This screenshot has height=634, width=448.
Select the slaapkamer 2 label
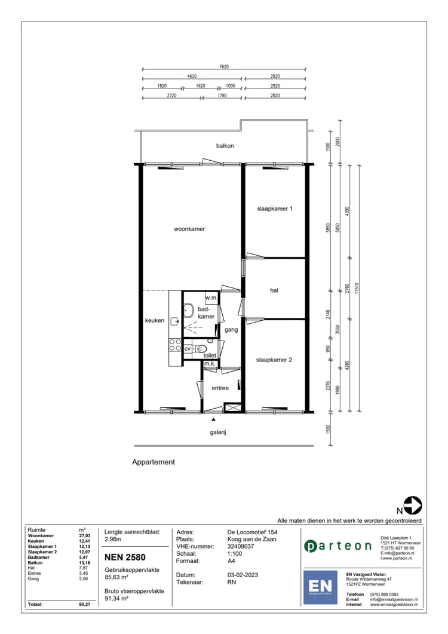pyautogui.click(x=274, y=360)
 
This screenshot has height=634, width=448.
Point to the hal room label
pyautogui.click(x=274, y=290)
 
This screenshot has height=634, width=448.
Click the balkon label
pyautogui.click(x=225, y=146)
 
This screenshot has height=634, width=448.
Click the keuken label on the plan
pyautogui.click(x=154, y=321)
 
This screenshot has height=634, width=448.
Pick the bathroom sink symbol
pyautogui.click(x=188, y=310)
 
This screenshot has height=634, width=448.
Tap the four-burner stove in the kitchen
pyautogui.click(x=176, y=345)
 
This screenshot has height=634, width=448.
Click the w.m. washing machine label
pyautogui.click(x=211, y=298)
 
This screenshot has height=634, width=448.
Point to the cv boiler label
pyautogui.click(x=188, y=348)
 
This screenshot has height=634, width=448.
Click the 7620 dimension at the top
pyautogui.click(x=225, y=68)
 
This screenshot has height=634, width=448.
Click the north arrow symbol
pyautogui.click(x=413, y=506)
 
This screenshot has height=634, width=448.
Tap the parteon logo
pyautogui.click(x=337, y=546)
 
